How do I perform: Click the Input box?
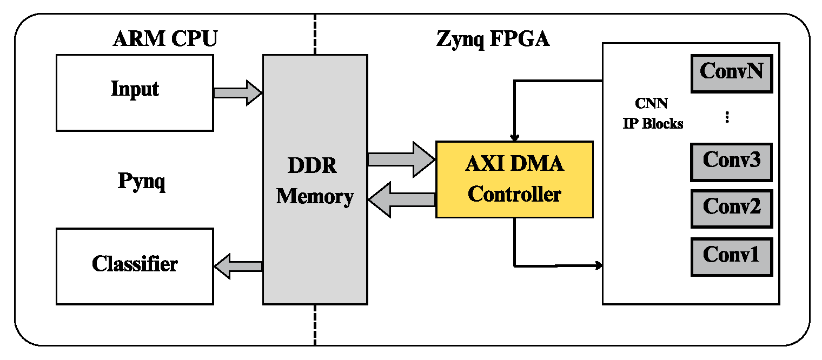[x=135, y=92]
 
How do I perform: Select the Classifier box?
[x=135, y=265]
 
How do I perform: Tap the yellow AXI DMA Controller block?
[x=514, y=179]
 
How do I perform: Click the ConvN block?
[x=731, y=72]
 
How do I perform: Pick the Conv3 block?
[x=731, y=162]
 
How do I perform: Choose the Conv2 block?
[x=731, y=208]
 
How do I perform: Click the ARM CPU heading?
[x=165, y=39]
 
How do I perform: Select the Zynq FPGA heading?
[x=493, y=39]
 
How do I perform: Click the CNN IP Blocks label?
[x=652, y=114]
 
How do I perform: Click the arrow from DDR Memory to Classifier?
[x=238, y=266]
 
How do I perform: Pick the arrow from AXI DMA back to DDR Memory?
[x=401, y=199]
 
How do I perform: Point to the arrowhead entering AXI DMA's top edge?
[x=514, y=137]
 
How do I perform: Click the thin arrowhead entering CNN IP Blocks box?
[x=599, y=265]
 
